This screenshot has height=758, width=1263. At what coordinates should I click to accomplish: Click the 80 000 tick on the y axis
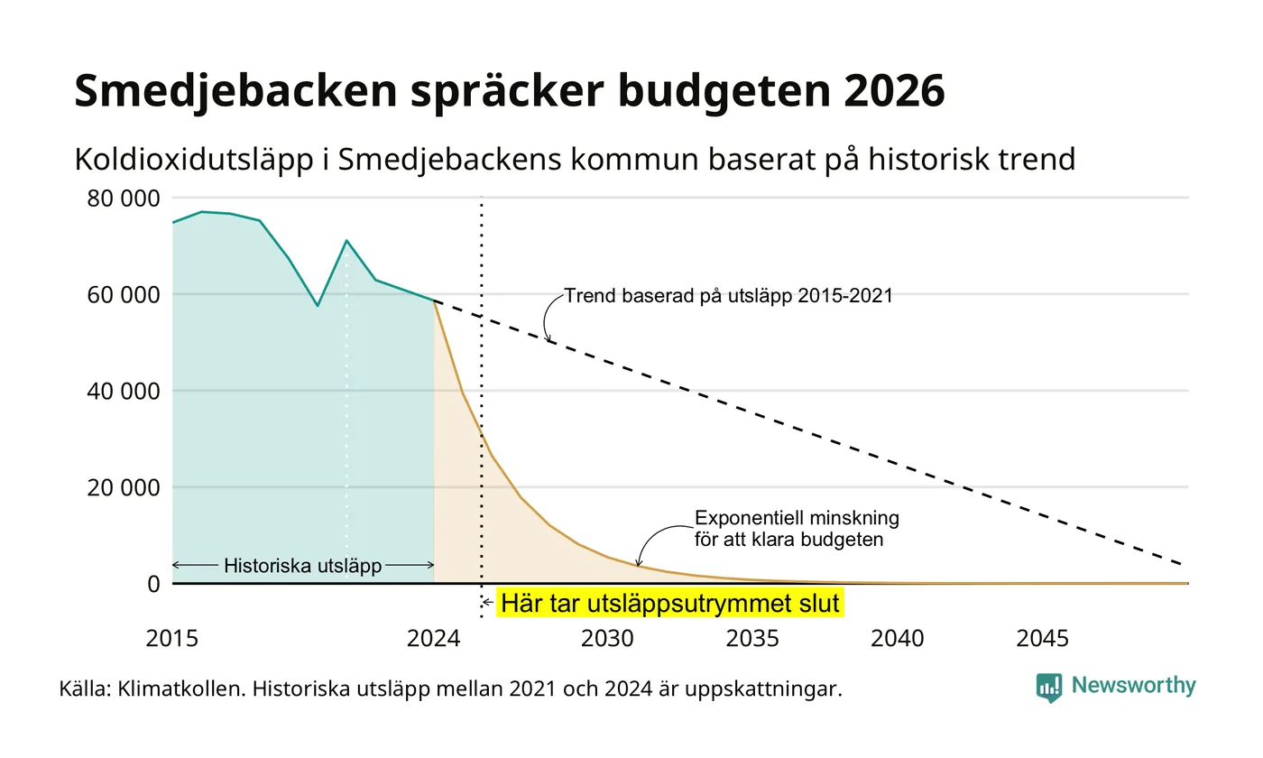coord(124,199)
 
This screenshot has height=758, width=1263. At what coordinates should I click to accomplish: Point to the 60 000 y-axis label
coord(124,295)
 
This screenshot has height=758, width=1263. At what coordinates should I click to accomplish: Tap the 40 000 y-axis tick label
coord(124,392)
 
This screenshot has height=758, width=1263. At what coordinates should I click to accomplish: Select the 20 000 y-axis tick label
coord(124,488)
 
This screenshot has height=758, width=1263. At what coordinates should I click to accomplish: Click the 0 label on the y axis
coord(154,585)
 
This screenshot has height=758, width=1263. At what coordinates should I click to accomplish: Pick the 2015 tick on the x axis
coord(172,639)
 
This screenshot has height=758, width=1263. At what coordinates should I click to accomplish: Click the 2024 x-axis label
coord(434,639)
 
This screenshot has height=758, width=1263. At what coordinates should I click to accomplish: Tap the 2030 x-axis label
coord(608,639)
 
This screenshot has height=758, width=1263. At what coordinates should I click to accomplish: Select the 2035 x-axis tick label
coord(752,639)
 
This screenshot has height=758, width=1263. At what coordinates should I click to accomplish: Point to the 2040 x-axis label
coord(898,639)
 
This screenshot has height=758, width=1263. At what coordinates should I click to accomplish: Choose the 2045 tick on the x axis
coord(1043,639)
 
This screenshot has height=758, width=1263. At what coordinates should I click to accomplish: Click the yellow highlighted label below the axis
coord(669,603)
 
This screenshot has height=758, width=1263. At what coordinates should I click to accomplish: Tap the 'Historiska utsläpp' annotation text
coord(303,566)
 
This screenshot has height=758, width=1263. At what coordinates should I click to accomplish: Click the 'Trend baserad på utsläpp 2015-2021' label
coord(729,296)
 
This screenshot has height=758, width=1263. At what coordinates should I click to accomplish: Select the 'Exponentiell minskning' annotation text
coord(797,518)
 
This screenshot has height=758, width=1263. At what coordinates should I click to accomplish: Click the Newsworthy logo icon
coord(1048,688)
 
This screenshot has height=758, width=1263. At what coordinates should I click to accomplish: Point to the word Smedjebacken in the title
coord(235,91)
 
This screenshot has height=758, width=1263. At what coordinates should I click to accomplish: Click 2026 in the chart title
coord(894,90)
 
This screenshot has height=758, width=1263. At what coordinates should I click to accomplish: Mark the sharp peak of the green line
coord(346,241)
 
